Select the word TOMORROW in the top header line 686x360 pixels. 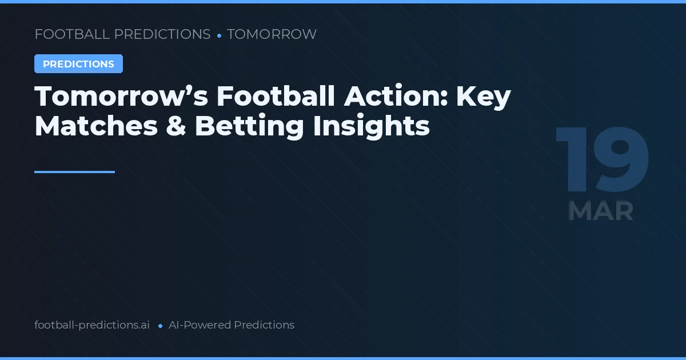tap(272, 34)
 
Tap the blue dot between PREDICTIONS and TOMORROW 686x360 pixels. tap(219, 35)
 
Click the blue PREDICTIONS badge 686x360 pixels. tap(78, 64)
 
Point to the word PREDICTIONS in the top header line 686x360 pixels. tap(162, 34)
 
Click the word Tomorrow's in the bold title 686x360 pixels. tap(120, 97)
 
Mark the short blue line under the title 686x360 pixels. tap(74, 171)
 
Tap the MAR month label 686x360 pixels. tap(601, 211)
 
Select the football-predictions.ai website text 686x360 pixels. tap(92, 325)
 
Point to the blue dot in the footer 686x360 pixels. tap(160, 326)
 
